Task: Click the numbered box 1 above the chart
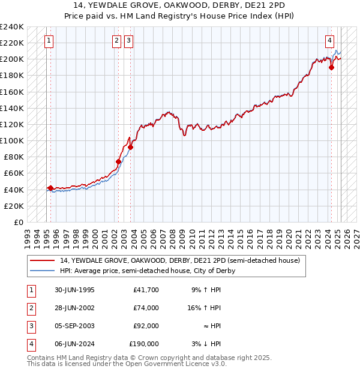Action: coord(49,41)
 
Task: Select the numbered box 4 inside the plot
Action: coord(330,41)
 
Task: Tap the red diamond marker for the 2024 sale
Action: coord(331,67)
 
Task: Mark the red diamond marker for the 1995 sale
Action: coord(50,188)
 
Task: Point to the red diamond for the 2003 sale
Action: coord(130,147)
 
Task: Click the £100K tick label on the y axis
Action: coord(12,140)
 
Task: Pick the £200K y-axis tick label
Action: coord(12,59)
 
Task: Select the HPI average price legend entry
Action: coord(147,271)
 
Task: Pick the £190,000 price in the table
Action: coord(144,344)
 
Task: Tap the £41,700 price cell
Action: coord(146,290)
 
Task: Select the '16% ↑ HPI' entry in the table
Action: coord(205,308)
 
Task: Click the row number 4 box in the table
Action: coord(29,344)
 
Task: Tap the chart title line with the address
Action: coord(180,5)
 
